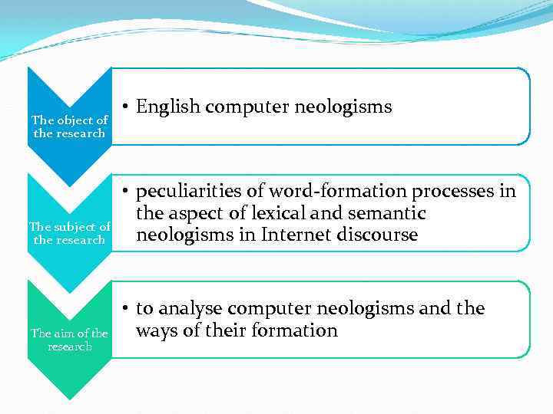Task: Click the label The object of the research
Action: point(69,127)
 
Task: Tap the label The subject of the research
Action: point(69,233)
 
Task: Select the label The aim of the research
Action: point(69,340)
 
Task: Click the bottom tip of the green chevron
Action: point(69,399)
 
